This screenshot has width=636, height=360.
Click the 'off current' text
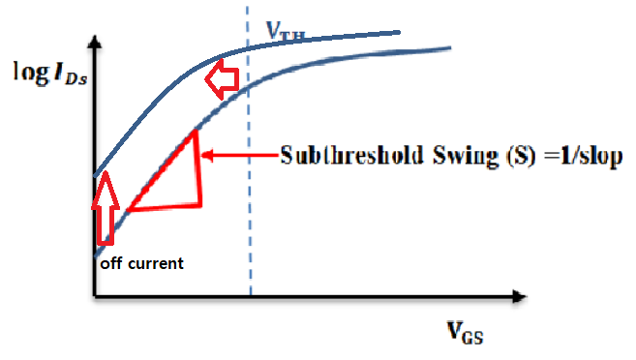(142, 262)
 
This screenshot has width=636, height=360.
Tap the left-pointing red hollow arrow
(225, 80)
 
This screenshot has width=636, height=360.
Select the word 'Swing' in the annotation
(441, 156)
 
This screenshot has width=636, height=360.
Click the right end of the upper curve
(399, 32)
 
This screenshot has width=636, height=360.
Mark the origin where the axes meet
(93, 294)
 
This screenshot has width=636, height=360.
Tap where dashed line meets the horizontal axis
(250, 294)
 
